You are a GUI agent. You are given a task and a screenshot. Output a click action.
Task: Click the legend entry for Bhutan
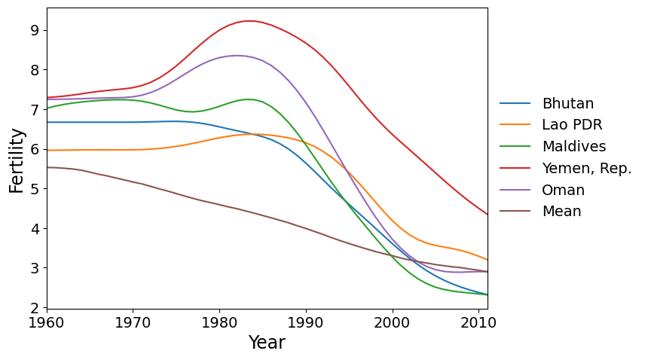click(567, 104)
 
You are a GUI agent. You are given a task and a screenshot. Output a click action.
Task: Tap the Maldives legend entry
click(573, 147)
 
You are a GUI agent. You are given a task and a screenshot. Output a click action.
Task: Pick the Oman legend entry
click(563, 190)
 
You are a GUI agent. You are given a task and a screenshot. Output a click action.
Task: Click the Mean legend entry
click(561, 212)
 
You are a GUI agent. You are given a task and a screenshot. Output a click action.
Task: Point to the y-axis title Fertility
click(17, 160)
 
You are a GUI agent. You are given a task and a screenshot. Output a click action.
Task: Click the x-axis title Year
click(267, 343)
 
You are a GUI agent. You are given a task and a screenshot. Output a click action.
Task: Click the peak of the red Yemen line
click(249, 21)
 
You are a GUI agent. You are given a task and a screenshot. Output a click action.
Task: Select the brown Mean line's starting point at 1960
click(47, 167)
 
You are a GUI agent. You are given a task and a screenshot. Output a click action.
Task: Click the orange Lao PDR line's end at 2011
click(488, 260)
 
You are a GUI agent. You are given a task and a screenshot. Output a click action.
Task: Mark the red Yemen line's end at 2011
click(488, 215)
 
